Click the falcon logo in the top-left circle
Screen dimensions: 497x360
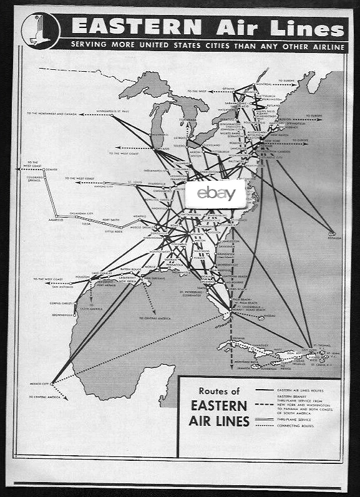click(x=40, y=31)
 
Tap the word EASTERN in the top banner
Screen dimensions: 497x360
click(x=137, y=27)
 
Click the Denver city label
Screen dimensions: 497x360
click(x=51, y=170)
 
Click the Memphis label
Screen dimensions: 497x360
click(x=139, y=216)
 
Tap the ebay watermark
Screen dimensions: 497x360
click(x=216, y=193)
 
